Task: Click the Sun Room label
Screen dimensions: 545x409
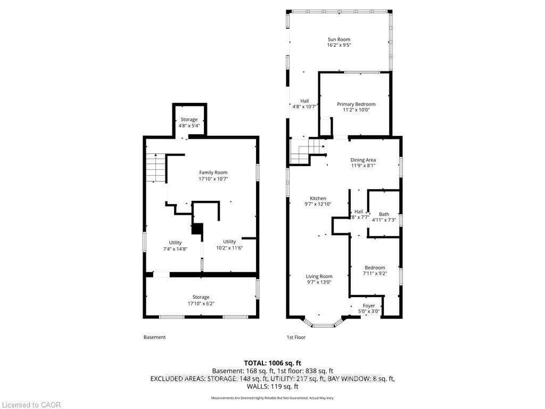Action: (x=339, y=39)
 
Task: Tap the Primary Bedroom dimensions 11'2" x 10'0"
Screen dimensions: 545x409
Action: (x=356, y=110)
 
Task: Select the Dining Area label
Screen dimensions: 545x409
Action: (x=363, y=160)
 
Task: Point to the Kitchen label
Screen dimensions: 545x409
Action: (x=318, y=198)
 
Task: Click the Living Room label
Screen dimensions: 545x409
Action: (x=319, y=276)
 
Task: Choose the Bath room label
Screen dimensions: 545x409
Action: (x=384, y=214)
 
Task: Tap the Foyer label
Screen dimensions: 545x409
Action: (x=369, y=306)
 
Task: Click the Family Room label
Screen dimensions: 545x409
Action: (x=213, y=173)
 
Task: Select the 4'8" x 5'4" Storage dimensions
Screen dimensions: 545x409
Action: (x=189, y=126)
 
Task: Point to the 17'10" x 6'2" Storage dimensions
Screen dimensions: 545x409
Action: (x=201, y=303)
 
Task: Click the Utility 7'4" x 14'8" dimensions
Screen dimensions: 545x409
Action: (x=175, y=249)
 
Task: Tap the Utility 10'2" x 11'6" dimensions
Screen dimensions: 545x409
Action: (x=229, y=248)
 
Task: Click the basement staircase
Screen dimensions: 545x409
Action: (x=155, y=167)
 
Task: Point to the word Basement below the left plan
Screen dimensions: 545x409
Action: (x=154, y=337)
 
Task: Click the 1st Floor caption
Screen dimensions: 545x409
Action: (x=296, y=337)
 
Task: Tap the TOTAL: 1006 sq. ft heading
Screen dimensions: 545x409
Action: (x=272, y=363)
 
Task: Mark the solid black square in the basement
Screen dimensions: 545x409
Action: (x=197, y=229)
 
